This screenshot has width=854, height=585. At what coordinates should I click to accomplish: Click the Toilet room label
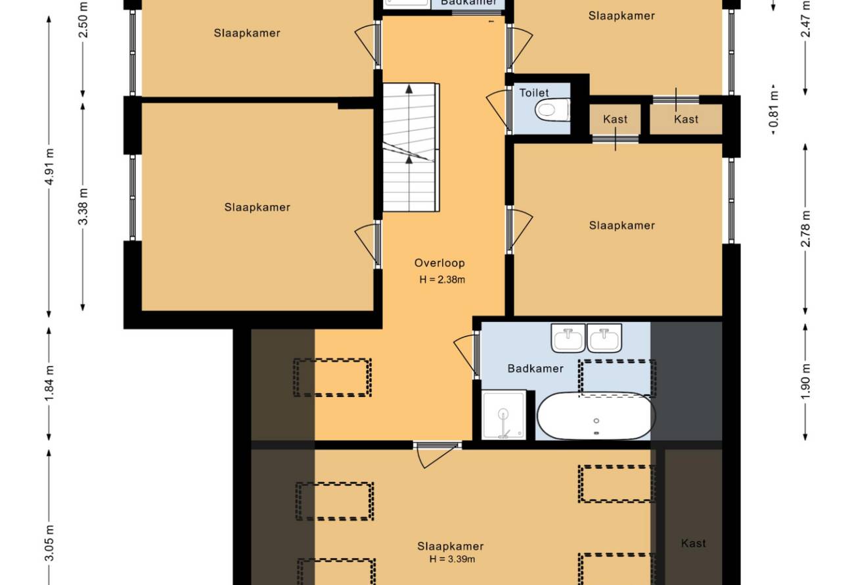(533, 93)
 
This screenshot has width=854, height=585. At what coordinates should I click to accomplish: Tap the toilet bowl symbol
(552, 110)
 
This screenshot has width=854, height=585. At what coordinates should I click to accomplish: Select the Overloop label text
(439, 263)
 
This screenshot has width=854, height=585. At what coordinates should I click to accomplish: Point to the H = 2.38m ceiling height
(442, 279)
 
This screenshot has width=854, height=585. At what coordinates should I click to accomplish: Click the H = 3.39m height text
(452, 559)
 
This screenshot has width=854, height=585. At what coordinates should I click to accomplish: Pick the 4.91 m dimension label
(49, 166)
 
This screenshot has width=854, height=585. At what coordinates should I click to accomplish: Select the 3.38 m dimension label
(83, 206)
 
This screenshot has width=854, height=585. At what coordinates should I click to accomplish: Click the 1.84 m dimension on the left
(49, 383)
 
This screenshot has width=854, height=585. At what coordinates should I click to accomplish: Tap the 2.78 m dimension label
(805, 229)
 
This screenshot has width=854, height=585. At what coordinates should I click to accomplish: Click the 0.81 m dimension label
(774, 108)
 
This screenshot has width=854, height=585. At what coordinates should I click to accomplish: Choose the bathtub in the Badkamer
(596, 415)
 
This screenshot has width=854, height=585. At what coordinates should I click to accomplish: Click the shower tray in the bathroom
(504, 414)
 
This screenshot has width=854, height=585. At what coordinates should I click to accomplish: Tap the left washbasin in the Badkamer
(568, 339)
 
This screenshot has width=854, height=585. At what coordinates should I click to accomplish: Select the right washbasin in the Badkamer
(604, 339)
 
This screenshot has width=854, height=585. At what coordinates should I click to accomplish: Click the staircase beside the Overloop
(411, 147)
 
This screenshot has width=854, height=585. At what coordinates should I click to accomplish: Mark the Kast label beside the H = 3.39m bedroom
(693, 543)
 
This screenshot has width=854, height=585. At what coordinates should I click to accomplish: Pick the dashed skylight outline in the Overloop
(332, 377)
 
